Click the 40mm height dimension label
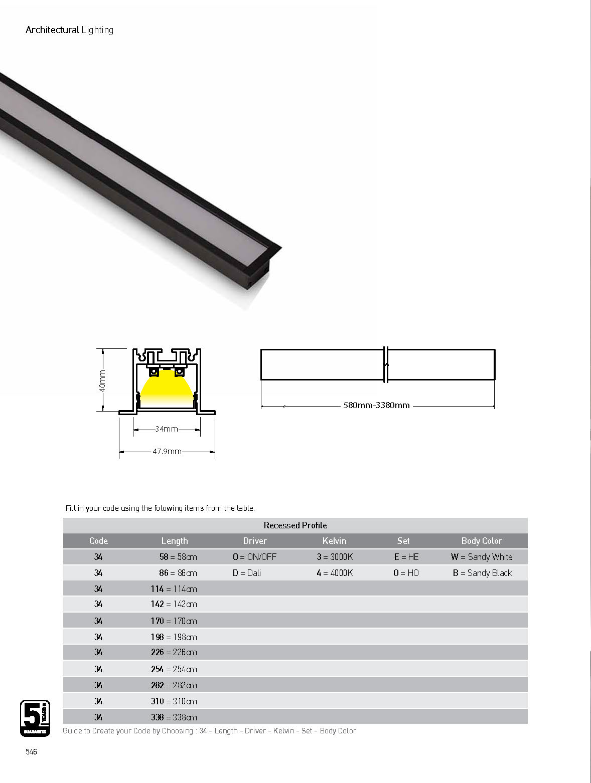pyautogui.click(x=102, y=380)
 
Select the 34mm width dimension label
pyautogui.click(x=166, y=429)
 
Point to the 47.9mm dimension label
pyautogui.click(x=167, y=451)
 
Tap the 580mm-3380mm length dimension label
pyautogui.click(x=376, y=405)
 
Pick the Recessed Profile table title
pyautogui.click(x=295, y=525)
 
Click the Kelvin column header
pyautogui.click(x=335, y=541)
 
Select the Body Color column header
pyautogui.click(x=482, y=541)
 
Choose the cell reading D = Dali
pyautogui.click(x=247, y=573)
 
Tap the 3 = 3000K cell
pyautogui.click(x=335, y=557)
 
